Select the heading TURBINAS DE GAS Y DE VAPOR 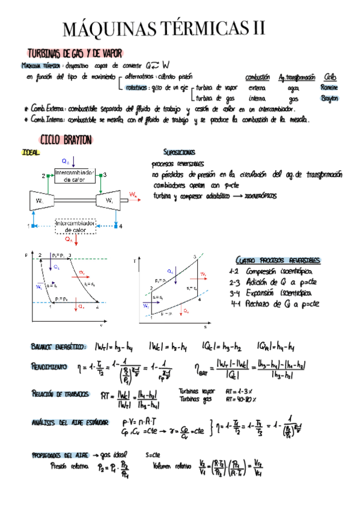point(75,54)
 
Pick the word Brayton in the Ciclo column point(330,98)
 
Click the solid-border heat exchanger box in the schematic point(75,176)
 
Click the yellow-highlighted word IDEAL point(30,153)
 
